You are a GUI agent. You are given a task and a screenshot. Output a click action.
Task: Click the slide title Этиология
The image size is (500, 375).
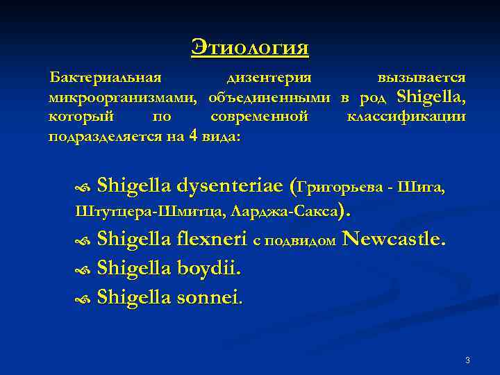tap(250, 48)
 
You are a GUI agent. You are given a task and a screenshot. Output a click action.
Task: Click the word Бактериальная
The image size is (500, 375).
tap(105, 78)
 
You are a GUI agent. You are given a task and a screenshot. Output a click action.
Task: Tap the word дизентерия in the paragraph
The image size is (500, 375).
tap(269, 78)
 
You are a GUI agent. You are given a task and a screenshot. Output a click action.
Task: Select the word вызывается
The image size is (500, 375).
tap(422, 78)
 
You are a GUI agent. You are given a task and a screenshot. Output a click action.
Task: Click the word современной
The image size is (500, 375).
tap(259, 116)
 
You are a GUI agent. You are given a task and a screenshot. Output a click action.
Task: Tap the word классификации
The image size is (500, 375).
tap(406, 116)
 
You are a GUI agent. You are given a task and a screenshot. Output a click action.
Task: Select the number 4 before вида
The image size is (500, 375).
tap(192, 135)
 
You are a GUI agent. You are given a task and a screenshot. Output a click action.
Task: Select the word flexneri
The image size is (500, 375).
tap(212, 240)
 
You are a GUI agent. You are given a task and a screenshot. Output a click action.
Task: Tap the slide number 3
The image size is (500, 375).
tap(467, 360)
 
